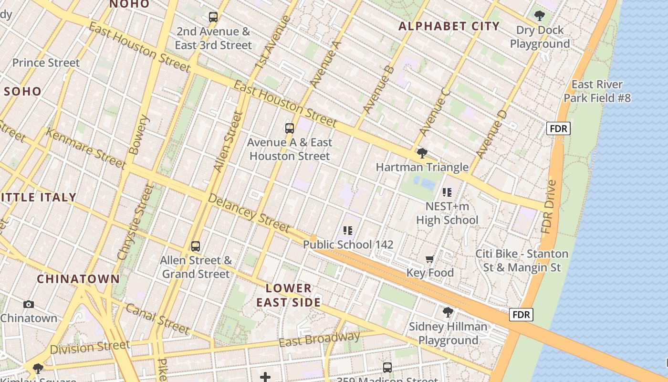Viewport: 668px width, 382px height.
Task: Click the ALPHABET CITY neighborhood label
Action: [449, 26]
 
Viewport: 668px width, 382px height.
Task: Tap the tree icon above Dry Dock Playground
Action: [540, 16]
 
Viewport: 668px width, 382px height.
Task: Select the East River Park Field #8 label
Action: [597, 91]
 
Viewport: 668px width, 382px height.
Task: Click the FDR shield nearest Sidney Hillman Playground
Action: [521, 315]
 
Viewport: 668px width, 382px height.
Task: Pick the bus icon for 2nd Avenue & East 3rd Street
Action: [213, 17]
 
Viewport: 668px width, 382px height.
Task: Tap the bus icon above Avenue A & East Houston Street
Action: [290, 128]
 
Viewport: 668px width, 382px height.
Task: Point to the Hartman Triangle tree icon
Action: [422, 153]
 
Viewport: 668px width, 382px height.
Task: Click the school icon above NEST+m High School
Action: [447, 192]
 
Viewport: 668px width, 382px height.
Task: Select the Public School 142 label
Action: [348, 244]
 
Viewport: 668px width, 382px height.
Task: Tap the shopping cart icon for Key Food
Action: [430, 259]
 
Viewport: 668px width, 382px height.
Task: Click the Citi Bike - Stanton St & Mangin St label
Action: [522, 260]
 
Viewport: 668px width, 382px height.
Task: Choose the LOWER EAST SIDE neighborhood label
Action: [289, 295]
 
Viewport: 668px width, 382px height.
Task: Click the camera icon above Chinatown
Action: [29, 304]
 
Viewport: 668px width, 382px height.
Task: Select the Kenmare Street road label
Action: [86, 148]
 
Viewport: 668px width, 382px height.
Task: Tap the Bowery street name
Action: [139, 134]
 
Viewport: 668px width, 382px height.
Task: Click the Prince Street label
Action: [46, 63]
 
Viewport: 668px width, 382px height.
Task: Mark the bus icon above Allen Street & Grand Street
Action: [196, 246]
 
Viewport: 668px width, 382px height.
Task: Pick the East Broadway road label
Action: [319, 340]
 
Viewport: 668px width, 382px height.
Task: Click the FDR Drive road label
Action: [549, 206]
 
